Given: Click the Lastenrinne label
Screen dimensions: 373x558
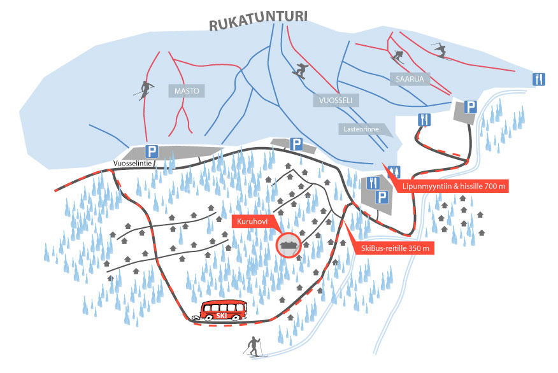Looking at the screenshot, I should coord(361,129).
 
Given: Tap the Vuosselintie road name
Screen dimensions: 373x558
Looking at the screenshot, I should coord(132,163).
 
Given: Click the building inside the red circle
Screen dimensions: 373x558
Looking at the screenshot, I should coord(289,245).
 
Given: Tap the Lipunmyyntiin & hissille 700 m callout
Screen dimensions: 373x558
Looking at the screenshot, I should coord(453,186).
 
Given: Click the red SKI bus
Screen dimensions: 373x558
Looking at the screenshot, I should coord(224,311).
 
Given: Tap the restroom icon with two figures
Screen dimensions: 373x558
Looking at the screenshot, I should coord(394,170).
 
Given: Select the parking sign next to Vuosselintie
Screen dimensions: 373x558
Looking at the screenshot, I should coord(152,151).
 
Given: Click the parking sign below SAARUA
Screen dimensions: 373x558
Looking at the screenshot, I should coord(470,107).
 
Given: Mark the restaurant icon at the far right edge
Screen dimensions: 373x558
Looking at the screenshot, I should coord(539,79).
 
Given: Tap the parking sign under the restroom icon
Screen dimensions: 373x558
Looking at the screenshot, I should coord(382,198).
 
